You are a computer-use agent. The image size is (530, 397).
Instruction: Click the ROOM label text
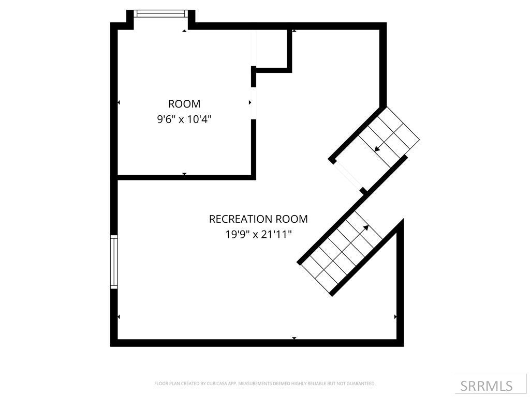(x=184, y=104)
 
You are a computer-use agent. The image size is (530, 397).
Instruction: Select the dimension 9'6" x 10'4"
(x=184, y=119)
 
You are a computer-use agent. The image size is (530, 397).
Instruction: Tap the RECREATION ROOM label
(x=258, y=219)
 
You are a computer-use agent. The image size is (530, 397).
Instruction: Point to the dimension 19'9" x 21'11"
(x=258, y=234)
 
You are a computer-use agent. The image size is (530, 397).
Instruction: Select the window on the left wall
(x=114, y=262)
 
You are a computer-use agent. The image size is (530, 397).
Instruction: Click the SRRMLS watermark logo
(x=486, y=386)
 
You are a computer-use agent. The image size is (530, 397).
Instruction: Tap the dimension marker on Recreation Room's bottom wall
(x=294, y=338)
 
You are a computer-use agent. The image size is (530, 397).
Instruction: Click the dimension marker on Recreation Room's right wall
(x=395, y=316)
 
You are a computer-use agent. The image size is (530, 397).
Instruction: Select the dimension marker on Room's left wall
(x=119, y=103)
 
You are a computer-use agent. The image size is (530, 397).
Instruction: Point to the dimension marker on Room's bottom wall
(x=184, y=174)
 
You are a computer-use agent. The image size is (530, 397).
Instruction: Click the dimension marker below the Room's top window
(x=184, y=31)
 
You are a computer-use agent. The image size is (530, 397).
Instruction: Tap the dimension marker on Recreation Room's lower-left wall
(x=119, y=316)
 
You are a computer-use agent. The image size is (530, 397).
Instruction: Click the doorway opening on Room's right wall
(x=253, y=103)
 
